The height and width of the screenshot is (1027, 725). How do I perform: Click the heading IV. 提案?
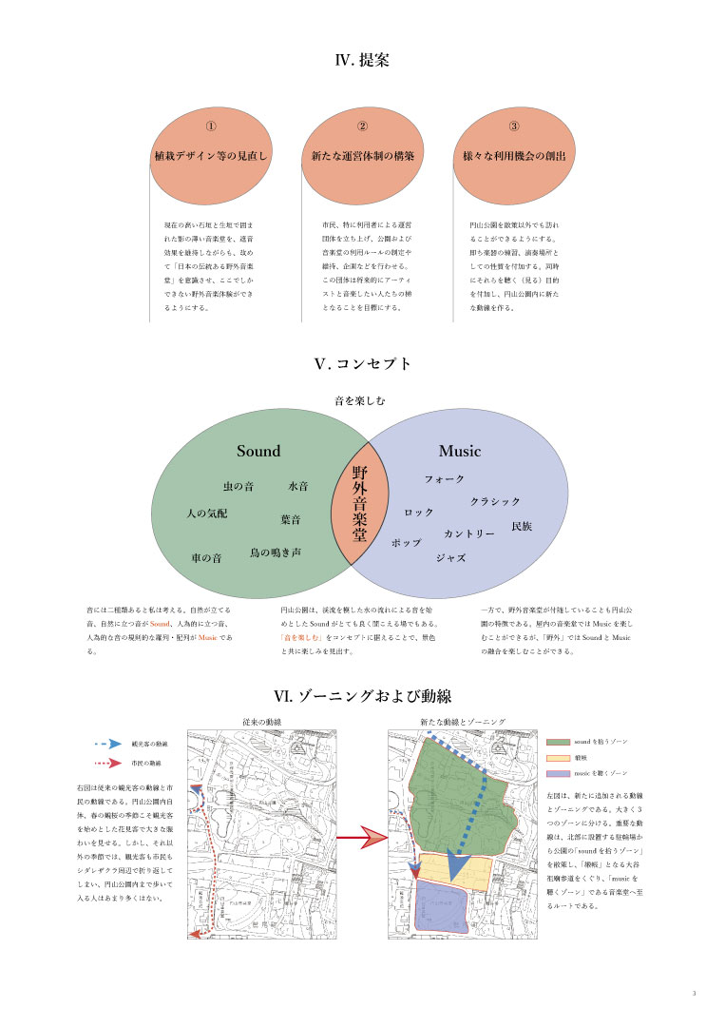(362, 59)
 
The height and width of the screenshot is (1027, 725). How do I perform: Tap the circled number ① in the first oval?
(211, 126)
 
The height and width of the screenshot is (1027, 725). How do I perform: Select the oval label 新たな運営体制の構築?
(362, 154)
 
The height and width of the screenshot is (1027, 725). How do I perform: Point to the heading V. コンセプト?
(362, 363)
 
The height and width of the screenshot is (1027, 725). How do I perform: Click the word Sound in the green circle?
(258, 451)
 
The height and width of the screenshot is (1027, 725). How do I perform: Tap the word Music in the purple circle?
(459, 451)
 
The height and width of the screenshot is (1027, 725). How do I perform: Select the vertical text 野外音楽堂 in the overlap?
(360, 503)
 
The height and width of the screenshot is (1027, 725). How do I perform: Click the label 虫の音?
(238, 487)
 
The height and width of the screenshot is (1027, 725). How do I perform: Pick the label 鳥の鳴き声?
(276, 552)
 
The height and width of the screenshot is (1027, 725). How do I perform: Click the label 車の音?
(206, 558)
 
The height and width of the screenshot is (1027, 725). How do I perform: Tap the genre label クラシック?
(495, 501)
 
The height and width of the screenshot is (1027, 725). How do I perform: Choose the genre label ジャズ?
(450, 558)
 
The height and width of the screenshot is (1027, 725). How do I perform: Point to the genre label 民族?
(522, 526)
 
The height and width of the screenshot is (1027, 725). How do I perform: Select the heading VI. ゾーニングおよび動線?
(362, 698)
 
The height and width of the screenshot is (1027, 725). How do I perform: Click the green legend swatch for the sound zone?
(558, 741)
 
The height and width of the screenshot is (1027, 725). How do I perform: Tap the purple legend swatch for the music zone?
(558, 775)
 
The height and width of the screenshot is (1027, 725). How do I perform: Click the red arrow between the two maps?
(358, 839)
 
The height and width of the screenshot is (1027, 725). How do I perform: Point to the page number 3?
(695, 993)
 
